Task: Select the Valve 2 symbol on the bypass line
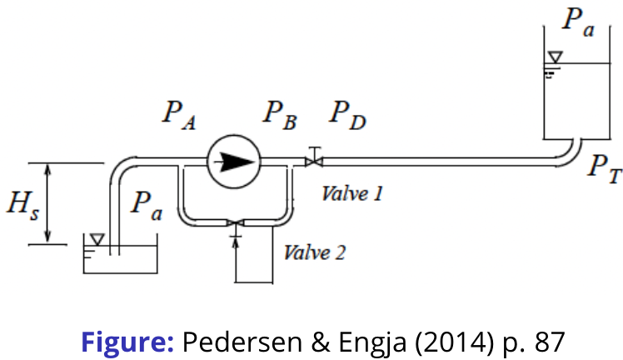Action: pyautogui.click(x=236, y=222)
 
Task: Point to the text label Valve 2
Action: pyautogui.click(x=314, y=252)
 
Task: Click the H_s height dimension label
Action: pyautogui.click(x=24, y=205)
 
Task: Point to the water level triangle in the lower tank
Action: pyautogui.click(x=97, y=240)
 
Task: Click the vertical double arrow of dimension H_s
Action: pyautogui.click(x=49, y=204)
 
